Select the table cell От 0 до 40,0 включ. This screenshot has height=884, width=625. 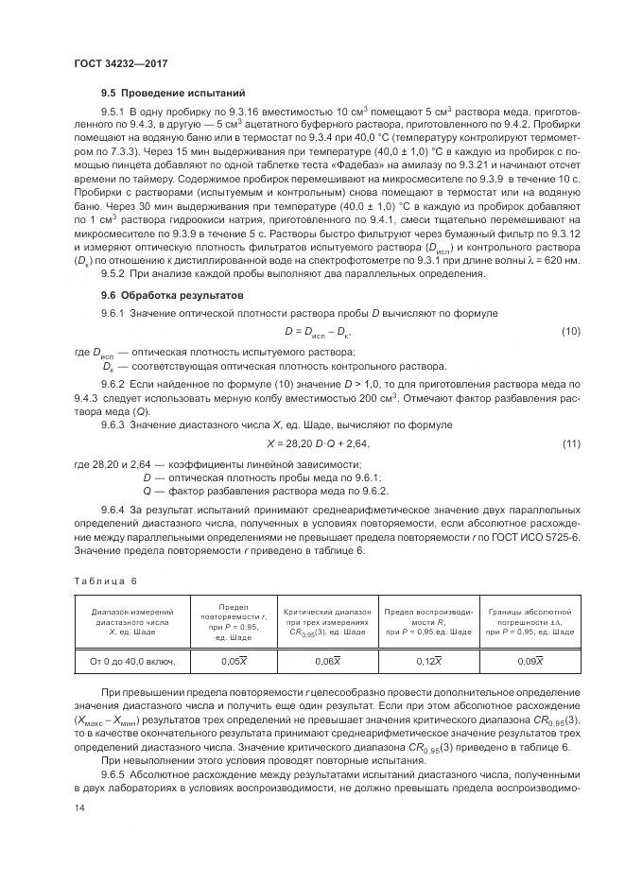[x=131, y=660]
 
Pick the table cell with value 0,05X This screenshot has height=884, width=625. [x=231, y=660]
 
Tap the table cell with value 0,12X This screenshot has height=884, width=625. [x=428, y=660]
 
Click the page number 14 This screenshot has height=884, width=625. [x=78, y=809]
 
